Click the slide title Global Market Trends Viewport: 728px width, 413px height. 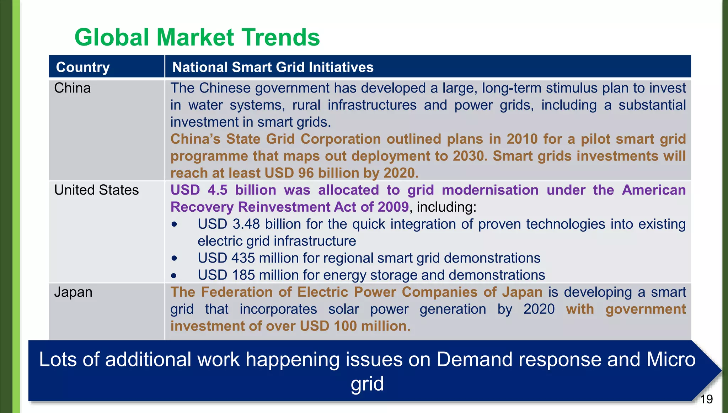pyautogui.click(x=197, y=37)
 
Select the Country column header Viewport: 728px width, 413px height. pyautogui.click(x=83, y=67)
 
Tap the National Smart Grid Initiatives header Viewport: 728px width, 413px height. pyautogui.click(x=273, y=67)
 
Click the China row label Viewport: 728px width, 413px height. pyautogui.click(x=72, y=88)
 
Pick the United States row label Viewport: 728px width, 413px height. pyautogui.click(x=96, y=190)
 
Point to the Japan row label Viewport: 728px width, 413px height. pyautogui.click(x=73, y=292)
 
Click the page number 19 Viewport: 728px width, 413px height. pyautogui.click(x=706, y=399)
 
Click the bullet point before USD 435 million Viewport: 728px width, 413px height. pyautogui.click(x=174, y=258)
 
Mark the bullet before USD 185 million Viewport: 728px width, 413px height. pyautogui.click(x=174, y=275)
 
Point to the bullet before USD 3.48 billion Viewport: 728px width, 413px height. pyautogui.click(x=174, y=224)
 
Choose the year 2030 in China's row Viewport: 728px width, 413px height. pyautogui.click(x=470, y=156)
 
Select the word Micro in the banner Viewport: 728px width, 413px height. pyautogui.click(x=671, y=359)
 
